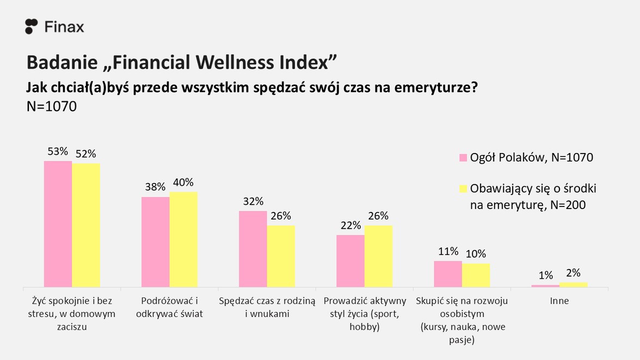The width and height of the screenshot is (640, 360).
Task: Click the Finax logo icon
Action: tap(32, 26)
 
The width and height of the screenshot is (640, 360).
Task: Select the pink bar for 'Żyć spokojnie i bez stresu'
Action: tap(58, 224)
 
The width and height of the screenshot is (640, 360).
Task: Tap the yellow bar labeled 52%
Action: tap(86, 225)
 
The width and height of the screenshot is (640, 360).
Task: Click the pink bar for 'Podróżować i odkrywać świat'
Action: tap(155, 242)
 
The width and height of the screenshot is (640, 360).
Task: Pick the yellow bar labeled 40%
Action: tap(183, 239)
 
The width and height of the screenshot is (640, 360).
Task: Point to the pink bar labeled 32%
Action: tap(253, 249)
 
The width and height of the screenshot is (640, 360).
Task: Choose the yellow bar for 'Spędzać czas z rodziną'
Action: tap(281, 256)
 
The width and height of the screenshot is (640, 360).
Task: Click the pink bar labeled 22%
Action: tap(350, 261)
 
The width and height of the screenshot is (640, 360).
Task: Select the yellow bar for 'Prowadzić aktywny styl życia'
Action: tap(378, 256)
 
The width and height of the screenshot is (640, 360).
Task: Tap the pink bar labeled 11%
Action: tap(448, 274)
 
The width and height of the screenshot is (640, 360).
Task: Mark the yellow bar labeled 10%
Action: tap(476, 275)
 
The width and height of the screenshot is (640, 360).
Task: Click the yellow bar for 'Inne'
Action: tap(573, 284)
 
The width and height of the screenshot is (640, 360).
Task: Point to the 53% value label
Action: tap(58, 152)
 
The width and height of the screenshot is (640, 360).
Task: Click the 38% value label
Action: tap(155, 187)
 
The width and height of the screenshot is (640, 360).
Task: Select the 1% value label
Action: tap(545, 275)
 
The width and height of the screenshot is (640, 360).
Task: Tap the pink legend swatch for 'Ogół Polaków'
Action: tap(463, 158)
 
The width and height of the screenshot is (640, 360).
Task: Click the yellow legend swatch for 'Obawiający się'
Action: tap(463, 188)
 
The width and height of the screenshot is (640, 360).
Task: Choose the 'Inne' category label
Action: tap(559, 301)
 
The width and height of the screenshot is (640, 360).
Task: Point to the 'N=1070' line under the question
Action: tap(52, 106)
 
